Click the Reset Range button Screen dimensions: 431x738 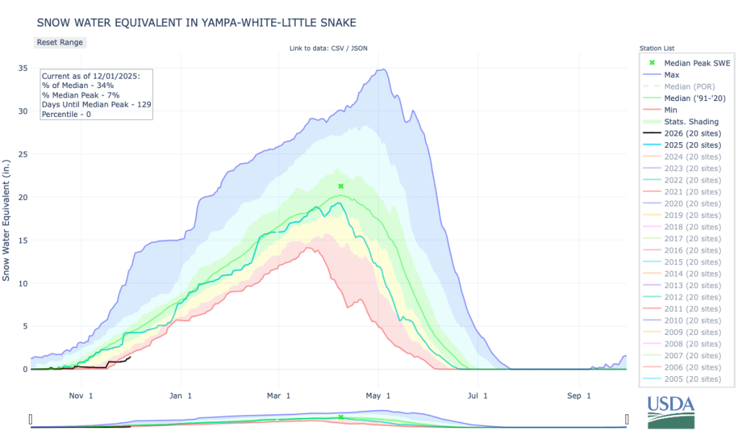pos(60,42)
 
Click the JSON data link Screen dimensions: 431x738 pos(361,48)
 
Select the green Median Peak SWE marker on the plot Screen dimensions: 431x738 pos(341,186)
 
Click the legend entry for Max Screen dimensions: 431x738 pos(671,74)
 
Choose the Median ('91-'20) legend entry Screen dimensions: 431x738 pos(690,98)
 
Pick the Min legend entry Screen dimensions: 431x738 pos(670,110)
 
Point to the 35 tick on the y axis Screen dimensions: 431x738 pos(23,69)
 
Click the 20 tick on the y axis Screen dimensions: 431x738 pos(23,197)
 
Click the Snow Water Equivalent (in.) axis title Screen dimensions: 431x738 pos(7,217)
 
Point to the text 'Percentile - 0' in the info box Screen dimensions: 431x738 pos(71,115)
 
